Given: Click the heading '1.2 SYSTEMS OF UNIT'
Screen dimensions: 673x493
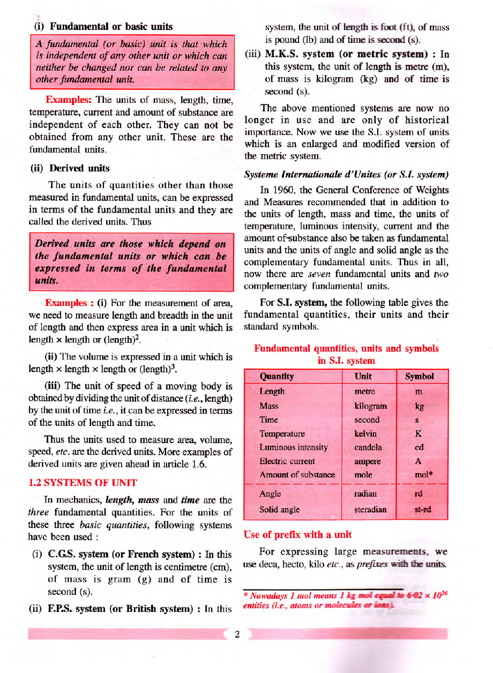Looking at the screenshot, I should tap(83, 482).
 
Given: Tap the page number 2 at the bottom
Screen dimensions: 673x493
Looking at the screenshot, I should tap(236, 634).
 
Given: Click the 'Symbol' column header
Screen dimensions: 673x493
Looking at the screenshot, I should tap(420, 376).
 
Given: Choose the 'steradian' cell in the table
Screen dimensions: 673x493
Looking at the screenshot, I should tap(370, 510).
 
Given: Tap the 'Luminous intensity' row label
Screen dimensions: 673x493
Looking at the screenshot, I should tap(294, 447).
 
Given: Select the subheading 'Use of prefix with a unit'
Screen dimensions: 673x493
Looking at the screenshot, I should tap(297, 534).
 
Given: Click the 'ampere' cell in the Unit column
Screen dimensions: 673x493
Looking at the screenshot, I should tap(368, 461).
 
